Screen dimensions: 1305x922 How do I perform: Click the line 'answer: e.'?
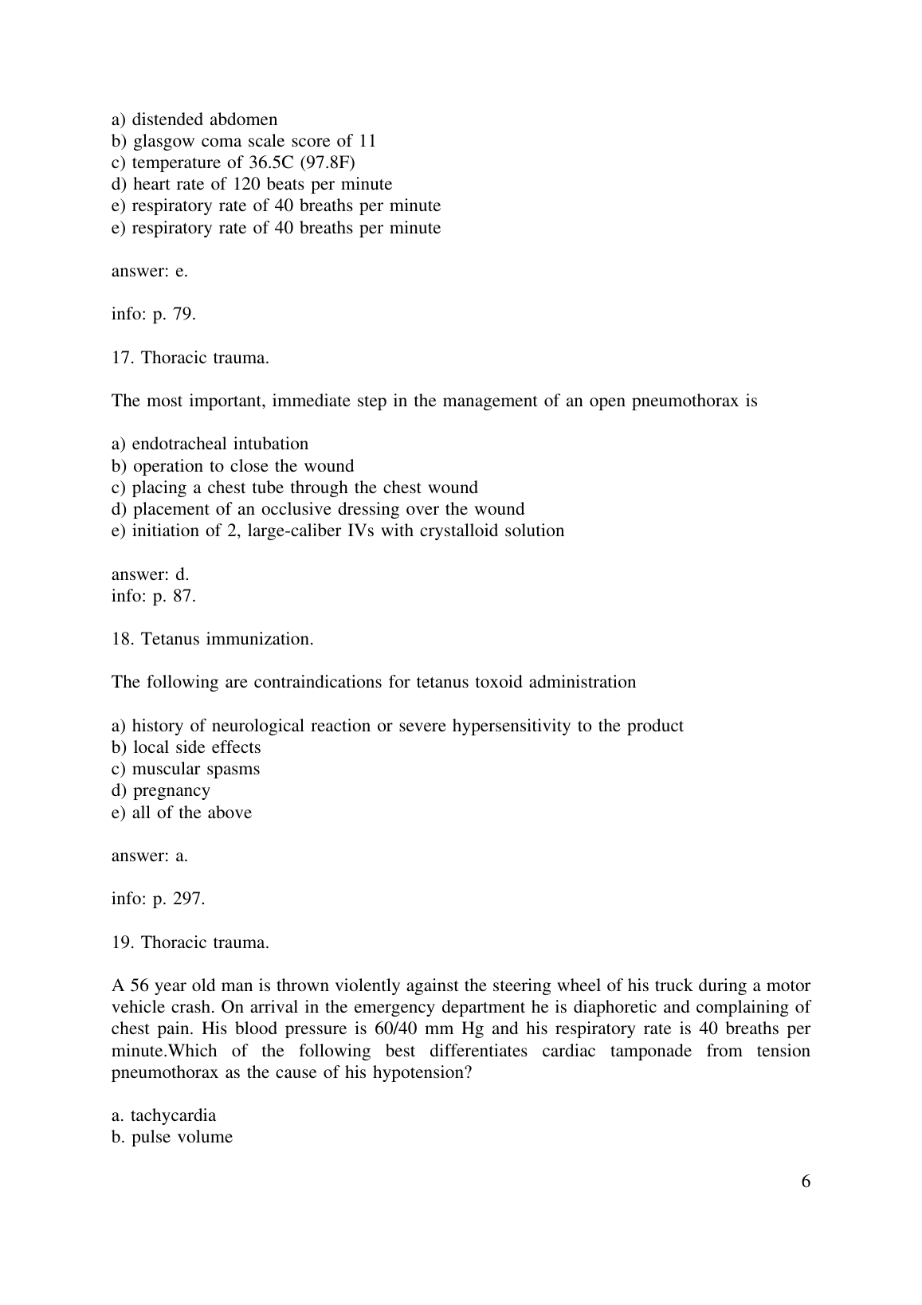tap(150, 271)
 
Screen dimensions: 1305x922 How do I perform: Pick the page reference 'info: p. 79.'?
tap(153, 314)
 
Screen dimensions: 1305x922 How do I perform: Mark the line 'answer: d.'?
tap(150, 574)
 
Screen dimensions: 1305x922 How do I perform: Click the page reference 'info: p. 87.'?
tap(153, 595)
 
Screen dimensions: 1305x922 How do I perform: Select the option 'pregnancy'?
tap(171, 790)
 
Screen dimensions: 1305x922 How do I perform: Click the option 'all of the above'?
tap(191, 813)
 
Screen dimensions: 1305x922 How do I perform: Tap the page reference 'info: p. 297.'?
tap(158, 899)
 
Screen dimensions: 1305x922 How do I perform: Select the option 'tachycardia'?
tap(173, 1115)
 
